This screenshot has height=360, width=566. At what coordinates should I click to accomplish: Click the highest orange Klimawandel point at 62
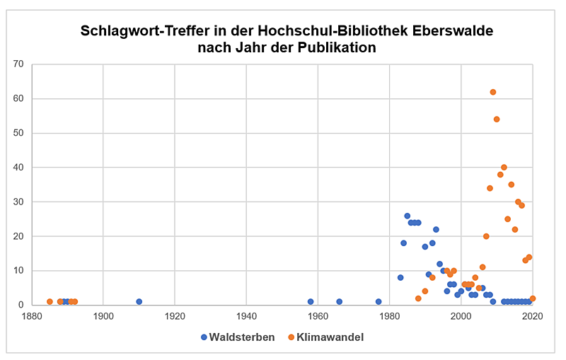[493, 92]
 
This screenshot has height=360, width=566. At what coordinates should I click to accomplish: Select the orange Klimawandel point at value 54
[497, 120]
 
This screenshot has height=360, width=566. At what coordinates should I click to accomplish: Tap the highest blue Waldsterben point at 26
[408, 216]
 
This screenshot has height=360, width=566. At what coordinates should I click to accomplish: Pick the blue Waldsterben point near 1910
[139, 301]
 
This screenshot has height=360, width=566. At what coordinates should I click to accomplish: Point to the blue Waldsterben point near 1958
[311, 301]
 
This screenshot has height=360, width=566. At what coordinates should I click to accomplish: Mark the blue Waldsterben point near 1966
[340, 301]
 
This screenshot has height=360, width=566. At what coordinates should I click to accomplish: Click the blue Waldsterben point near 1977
[379, 301]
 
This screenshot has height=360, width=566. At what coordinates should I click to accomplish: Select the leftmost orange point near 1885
[50, 301]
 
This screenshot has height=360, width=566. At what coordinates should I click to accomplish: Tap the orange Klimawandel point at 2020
[533, 298]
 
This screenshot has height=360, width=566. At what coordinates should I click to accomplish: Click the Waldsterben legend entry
[238, 337]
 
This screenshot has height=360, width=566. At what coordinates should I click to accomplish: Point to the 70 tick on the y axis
[19, 64]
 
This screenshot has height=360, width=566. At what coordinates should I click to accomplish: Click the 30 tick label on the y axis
[19, 202]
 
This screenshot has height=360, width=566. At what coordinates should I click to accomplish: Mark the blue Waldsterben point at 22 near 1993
[436, 229]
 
